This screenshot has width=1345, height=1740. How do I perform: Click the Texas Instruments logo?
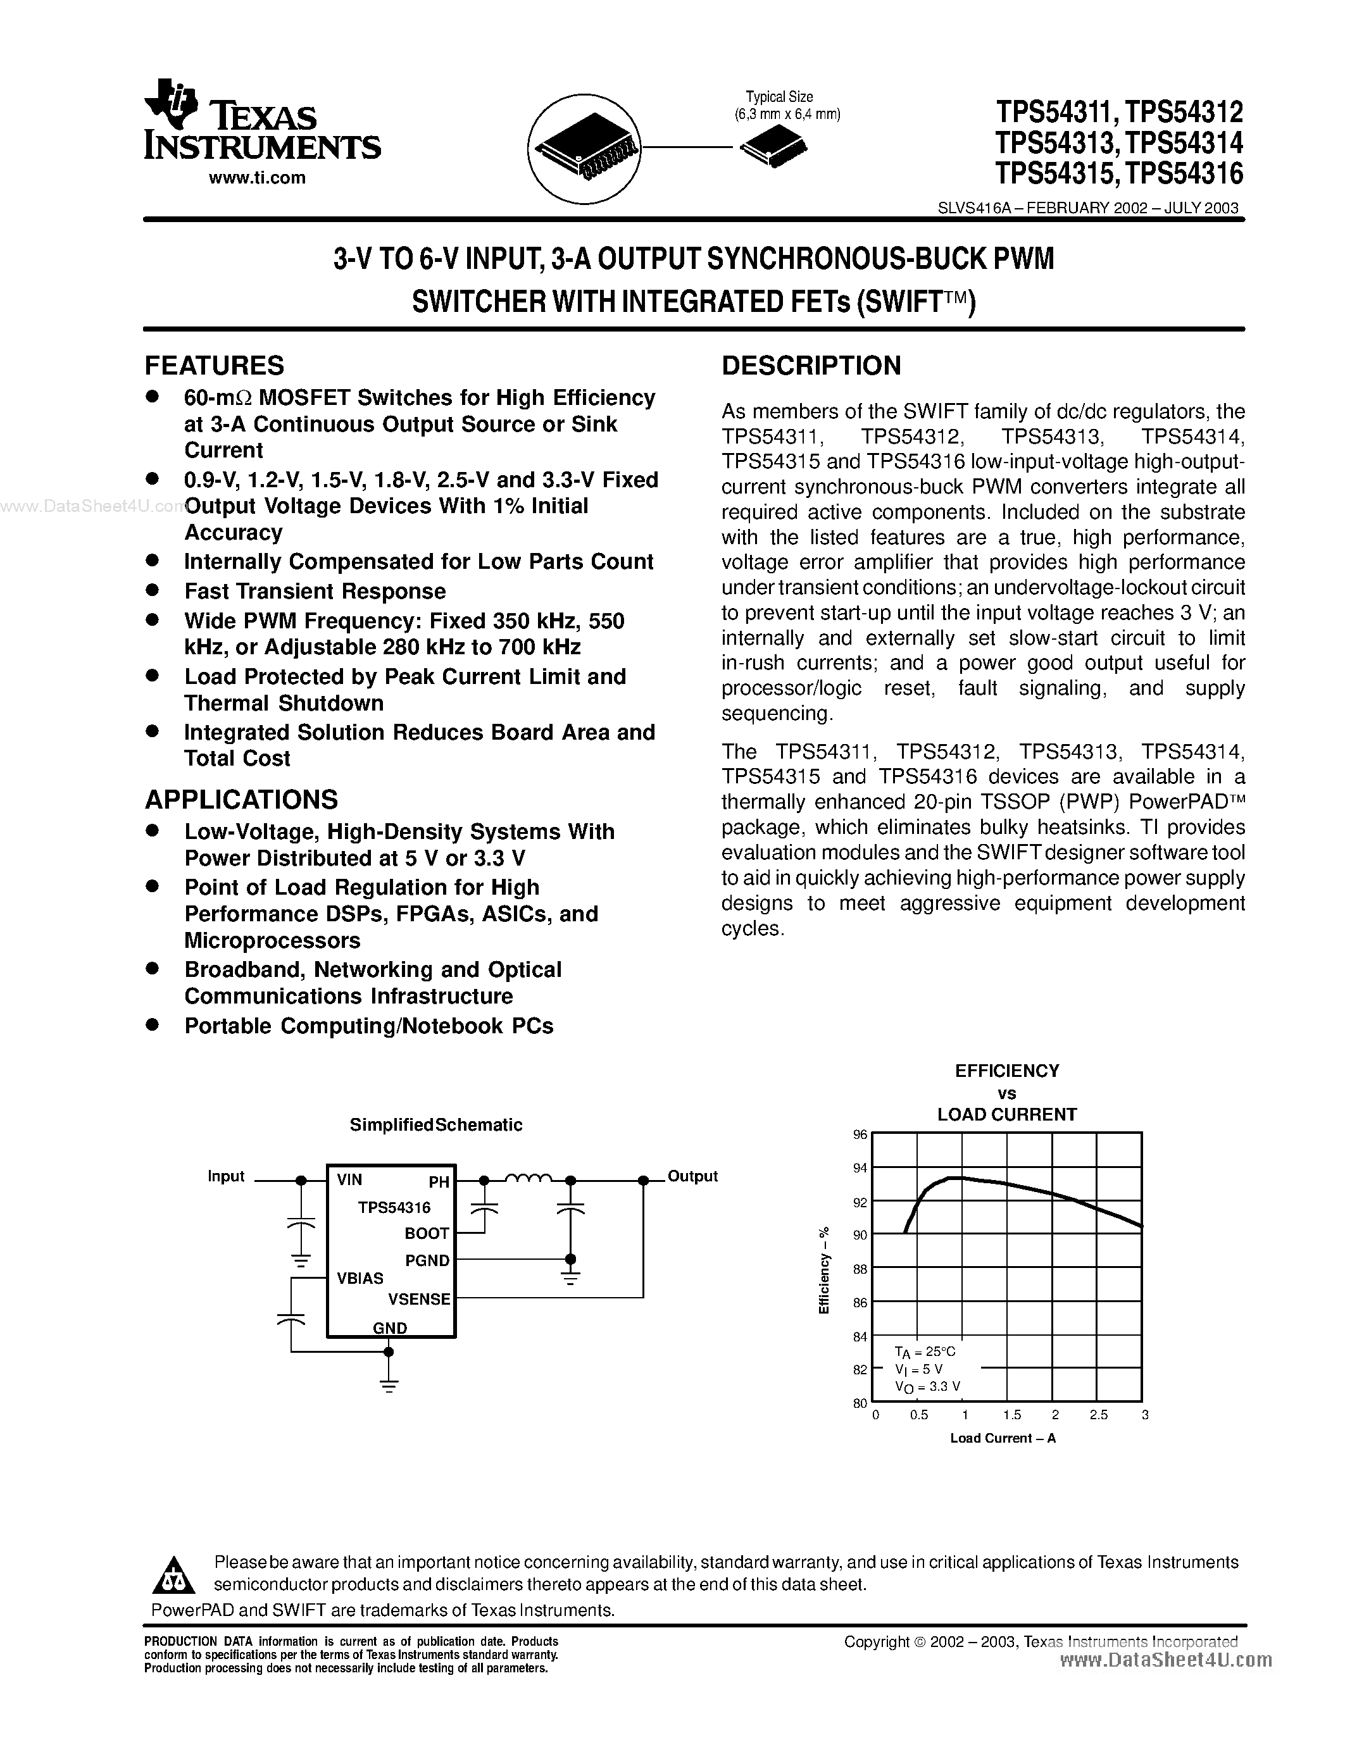click(262, 121)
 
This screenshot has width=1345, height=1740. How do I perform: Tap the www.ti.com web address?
click(256, 178)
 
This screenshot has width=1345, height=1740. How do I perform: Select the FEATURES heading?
click(213, 366)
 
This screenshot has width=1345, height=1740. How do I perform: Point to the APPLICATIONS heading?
click(241, 799)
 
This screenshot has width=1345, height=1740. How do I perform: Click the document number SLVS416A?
click(973, 209)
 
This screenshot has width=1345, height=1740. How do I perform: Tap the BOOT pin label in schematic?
click(427, 1233)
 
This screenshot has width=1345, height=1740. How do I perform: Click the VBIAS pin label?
click(360, 1278)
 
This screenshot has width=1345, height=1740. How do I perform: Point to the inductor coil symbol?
click(527, 1178)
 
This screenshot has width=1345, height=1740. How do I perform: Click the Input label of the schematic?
click(225, 1177)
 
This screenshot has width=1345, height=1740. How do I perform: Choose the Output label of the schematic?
click(692, 1176)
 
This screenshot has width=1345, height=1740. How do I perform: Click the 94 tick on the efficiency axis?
click(860, 1168)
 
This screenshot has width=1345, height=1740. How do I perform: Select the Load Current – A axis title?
click(1003, 1438)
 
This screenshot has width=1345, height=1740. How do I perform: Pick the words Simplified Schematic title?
click(436, 1125)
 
